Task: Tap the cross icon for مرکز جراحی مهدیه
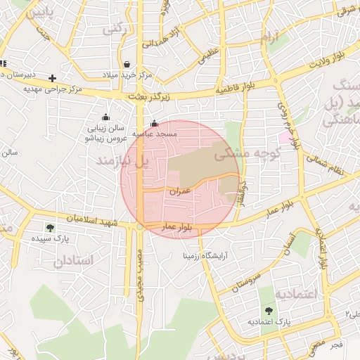(52, 77)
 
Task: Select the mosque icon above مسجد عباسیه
(154, 124)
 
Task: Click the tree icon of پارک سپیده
(49, 228)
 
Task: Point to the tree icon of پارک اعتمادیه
(268, 310)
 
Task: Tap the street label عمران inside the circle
(181, 191)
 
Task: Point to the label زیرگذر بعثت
(150, 97)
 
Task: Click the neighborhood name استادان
(74, 261)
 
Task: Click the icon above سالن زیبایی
(105, 117)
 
